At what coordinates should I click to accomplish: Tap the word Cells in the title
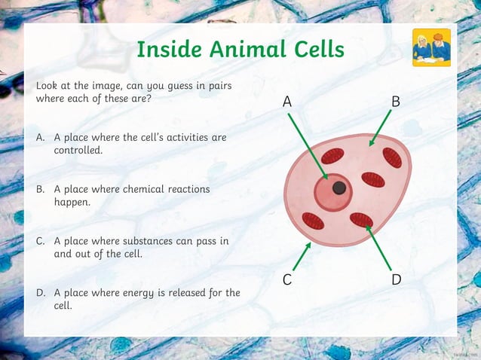(x=316, y=50)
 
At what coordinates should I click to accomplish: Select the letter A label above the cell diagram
(x=287, y=101)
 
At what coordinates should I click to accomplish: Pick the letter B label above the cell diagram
(x=396, y=101)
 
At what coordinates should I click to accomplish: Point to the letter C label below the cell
(x=287, y=280)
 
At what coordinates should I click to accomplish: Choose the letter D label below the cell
(x=397, y=280)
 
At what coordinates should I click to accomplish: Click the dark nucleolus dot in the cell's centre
(x=339, y=188)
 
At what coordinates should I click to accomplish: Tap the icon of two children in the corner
(x=431, y=48)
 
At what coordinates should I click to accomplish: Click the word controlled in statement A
(x=78, y=151)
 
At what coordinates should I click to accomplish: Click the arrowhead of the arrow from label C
(x=309, y=244)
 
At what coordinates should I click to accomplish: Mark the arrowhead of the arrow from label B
(x=369, y=144)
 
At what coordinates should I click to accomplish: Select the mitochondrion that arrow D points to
(x=361, y=219)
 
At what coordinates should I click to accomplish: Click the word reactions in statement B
(x=187, y=189)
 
